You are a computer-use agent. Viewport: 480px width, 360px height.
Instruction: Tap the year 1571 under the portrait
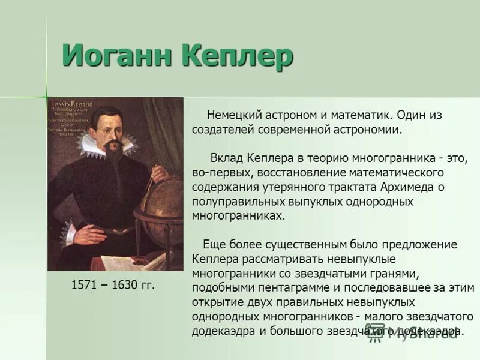[x=84, y=286]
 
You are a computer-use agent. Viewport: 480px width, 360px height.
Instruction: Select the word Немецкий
[x=233, y=115]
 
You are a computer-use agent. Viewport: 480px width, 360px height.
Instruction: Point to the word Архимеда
[x=410, y=187]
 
